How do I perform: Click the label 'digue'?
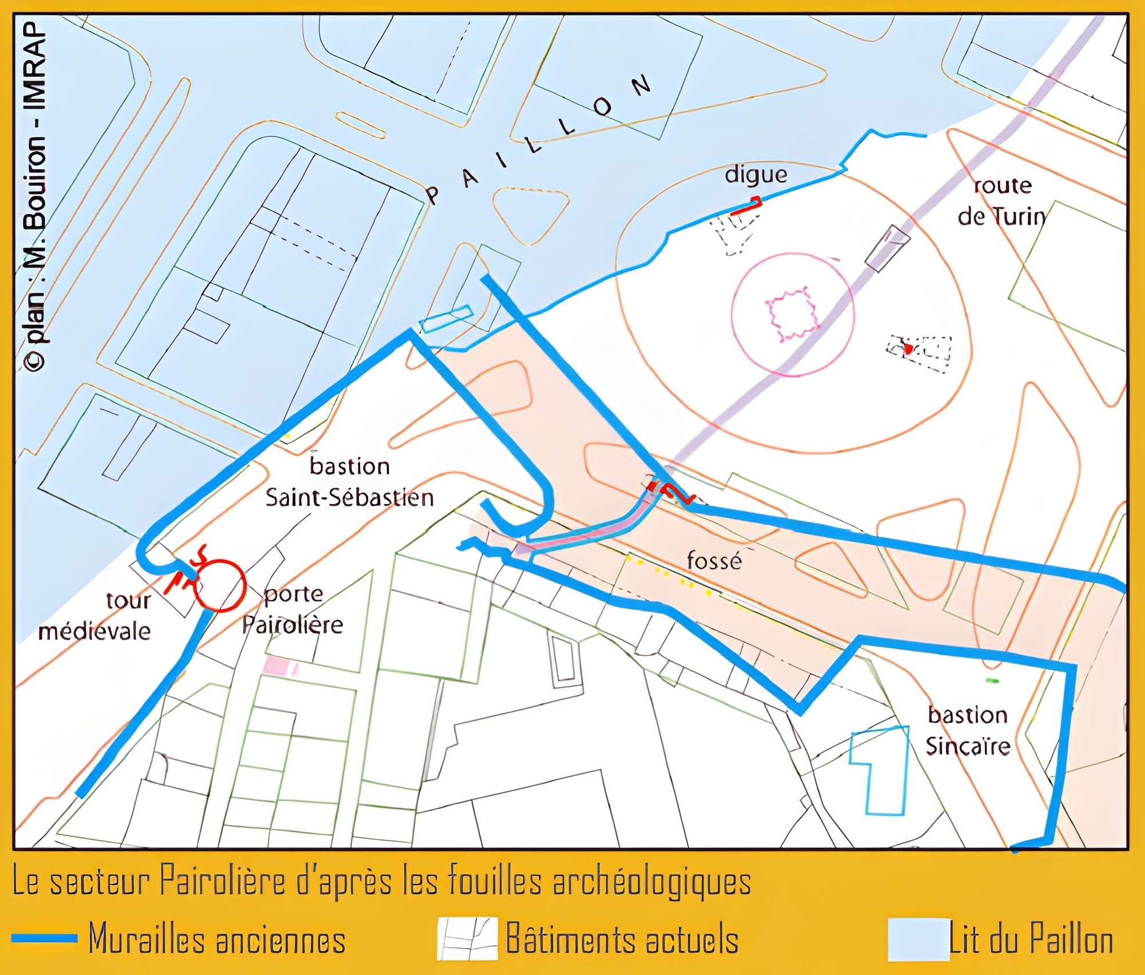[756, 175]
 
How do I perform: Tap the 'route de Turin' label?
[1001, 201]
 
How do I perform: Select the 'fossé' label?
[714, 560]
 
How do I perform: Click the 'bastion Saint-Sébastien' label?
[349, 482]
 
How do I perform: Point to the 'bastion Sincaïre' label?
[968, 731]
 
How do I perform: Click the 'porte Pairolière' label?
[293, 609]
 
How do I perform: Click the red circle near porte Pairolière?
[220, 585]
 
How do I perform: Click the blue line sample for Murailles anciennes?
[44, 938]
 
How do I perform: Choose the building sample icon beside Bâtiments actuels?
[467, 939]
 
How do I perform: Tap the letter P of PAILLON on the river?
[433, 195]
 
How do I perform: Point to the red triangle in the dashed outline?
[908, 348]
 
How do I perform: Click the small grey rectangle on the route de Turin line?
[887, 248]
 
